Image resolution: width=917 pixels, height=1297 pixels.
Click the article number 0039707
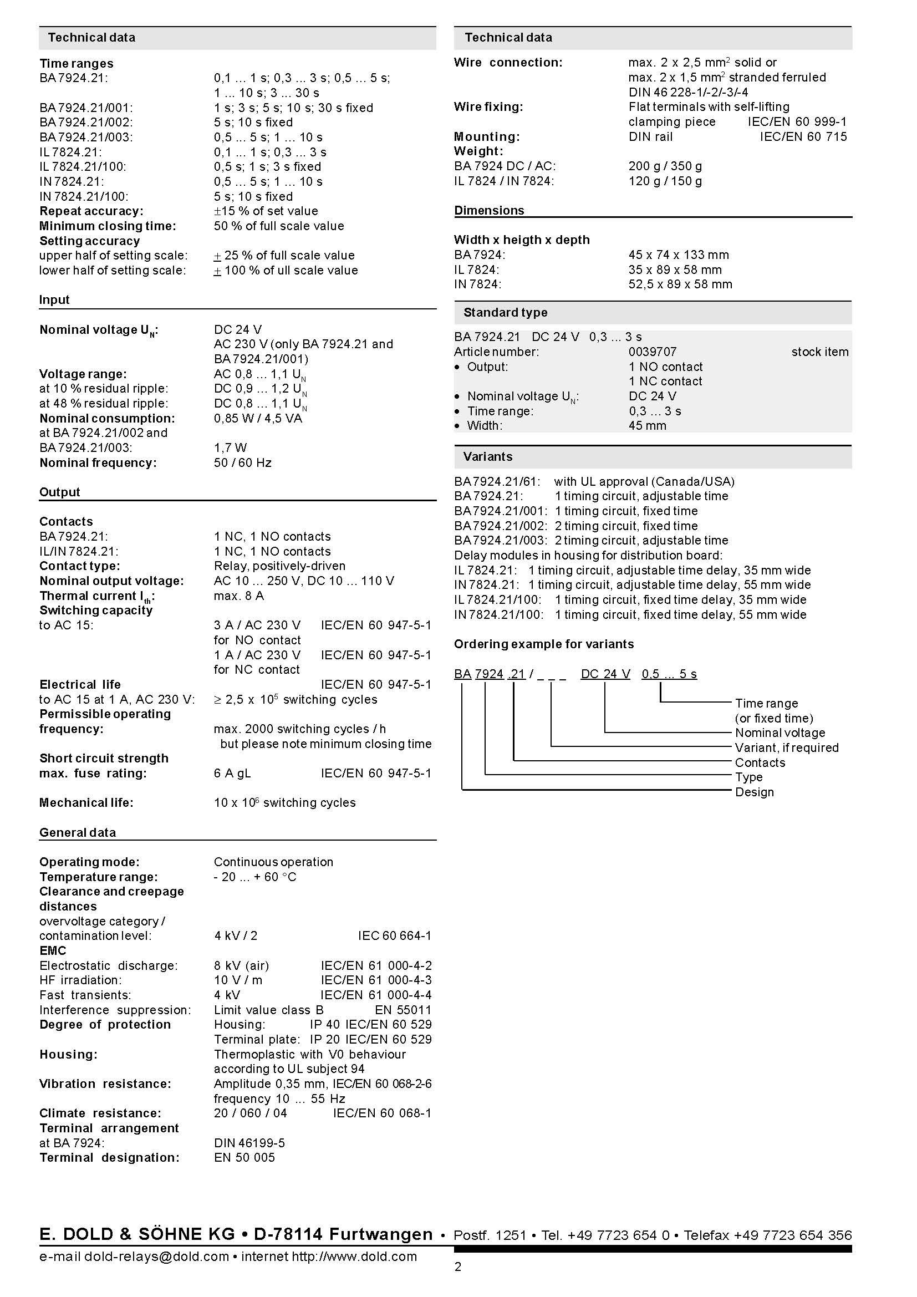[x=652, y=352]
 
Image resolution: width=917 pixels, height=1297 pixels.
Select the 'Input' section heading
[x=54, y=300]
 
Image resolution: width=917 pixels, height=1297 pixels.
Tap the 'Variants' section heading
[x=488, y=456]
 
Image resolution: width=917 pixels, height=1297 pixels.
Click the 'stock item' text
[x=819, y=352]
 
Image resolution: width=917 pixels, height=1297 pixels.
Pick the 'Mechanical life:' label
[x=86, y=803]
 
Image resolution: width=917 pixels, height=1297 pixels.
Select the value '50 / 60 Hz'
[x=242, y=462]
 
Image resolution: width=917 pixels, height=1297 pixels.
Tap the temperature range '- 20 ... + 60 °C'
[x=254, y=877]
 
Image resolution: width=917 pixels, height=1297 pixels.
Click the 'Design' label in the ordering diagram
[x=754, y=792]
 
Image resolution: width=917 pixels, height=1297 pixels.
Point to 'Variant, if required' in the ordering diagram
[x=787, y=747]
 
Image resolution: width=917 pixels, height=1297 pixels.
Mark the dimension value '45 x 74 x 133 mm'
[x=678, y=255]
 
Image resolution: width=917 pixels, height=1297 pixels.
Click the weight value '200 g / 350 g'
[x=665, y=166]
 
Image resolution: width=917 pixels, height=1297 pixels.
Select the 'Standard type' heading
[x=506, y=312]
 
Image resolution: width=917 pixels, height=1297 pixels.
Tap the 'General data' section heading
[x=78, y=832]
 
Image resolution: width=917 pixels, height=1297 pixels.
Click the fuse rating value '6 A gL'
[x=232, y=773]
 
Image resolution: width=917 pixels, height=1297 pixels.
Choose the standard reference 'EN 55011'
[x=403, y=1009]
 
